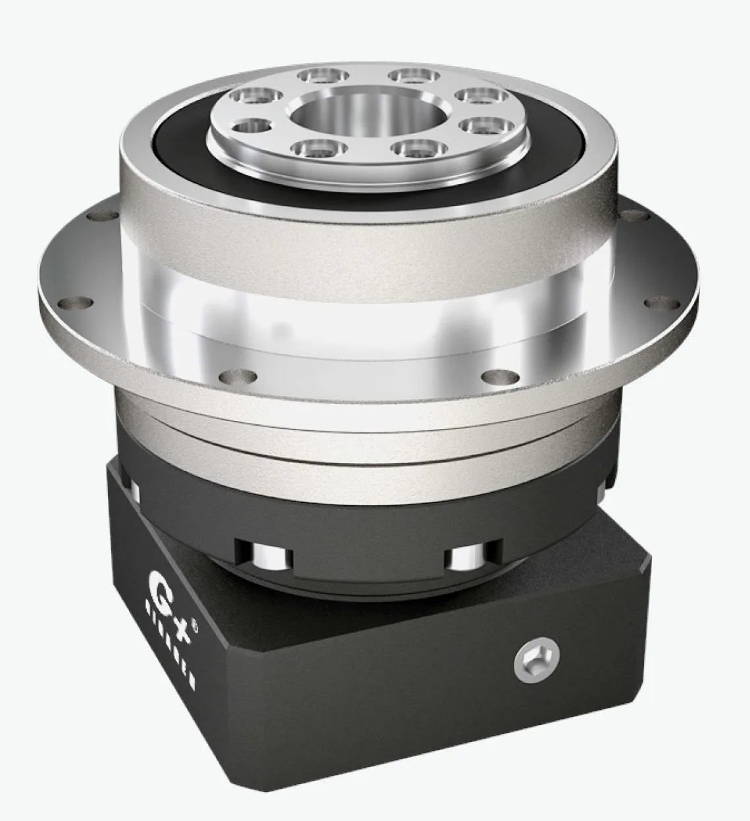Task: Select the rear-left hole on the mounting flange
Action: [x=99, y=214]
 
